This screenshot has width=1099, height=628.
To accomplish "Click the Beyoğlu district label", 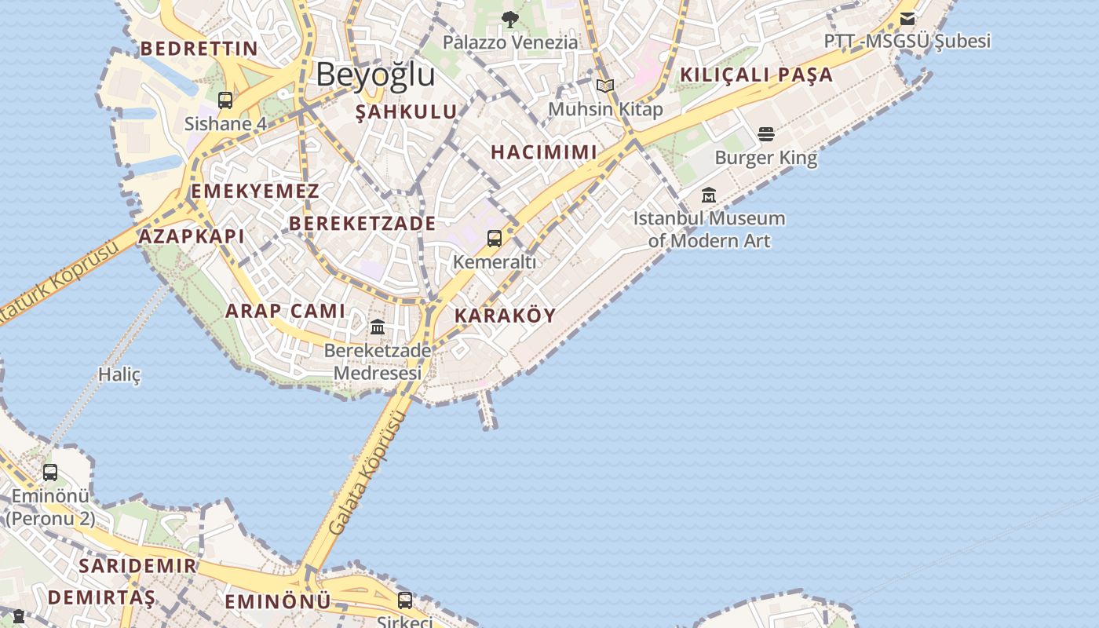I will (x=375, y=75).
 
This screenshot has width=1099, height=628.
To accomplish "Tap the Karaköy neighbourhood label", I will (x=505, y=316).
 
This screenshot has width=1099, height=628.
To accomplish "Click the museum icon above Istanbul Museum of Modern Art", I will (x=709, y=195).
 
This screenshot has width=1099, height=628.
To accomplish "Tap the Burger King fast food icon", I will (x=766, y=134).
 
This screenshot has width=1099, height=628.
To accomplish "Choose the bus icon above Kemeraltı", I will (x=495, y=238).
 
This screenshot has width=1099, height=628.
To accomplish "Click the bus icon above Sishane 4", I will (x=225, y=100).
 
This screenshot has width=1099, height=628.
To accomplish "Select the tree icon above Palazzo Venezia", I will (x=510, y=19).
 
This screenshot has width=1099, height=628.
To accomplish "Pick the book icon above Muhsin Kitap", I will (x=604, y=86).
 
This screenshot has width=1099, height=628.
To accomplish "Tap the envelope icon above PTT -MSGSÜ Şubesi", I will (x=907, y=18).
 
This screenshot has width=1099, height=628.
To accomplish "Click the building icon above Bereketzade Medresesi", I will (x=378, y=326).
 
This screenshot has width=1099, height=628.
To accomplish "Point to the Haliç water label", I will (x=119, y=374).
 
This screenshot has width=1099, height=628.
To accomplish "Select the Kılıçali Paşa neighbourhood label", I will (x=756, y=75).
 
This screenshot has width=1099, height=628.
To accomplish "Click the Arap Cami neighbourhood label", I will (x=285, y=311).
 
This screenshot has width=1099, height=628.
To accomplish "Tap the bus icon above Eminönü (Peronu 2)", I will (x=50, y=472).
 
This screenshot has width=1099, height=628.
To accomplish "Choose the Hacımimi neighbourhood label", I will (x=544, y=152).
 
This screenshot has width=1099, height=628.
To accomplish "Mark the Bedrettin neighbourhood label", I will (x=199, y=49).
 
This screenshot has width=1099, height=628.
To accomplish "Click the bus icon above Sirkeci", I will (x=405, y=600).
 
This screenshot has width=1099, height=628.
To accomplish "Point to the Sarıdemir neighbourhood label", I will (x=137, y=565).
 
